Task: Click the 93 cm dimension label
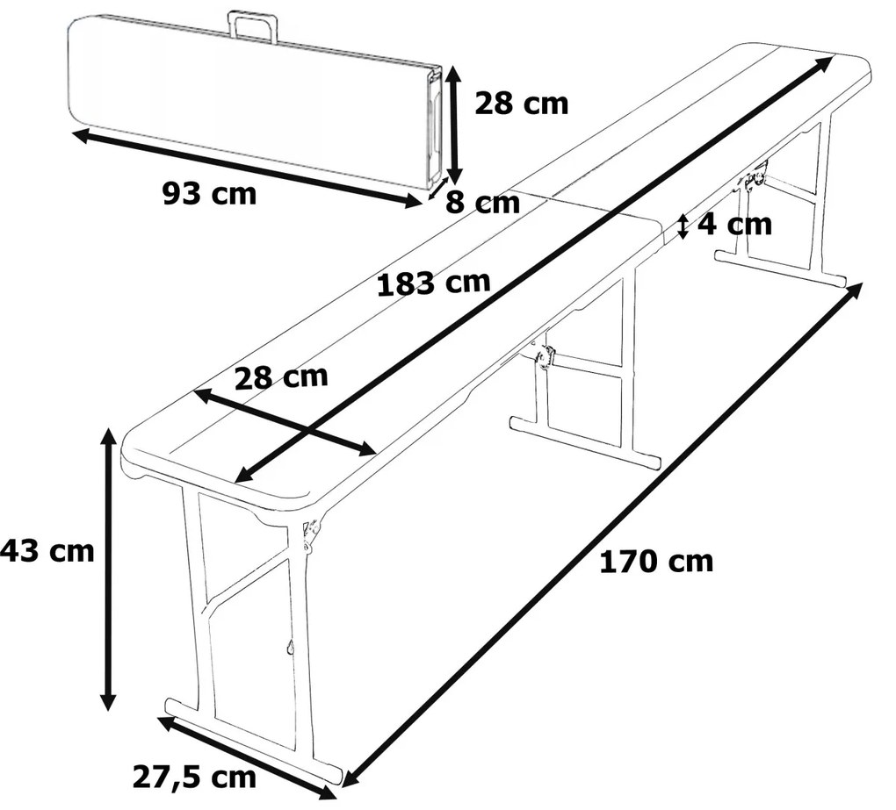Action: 210,194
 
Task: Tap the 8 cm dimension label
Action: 483,203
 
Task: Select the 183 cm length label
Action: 434,283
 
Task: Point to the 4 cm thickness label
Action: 735,225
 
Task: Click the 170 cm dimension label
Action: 656,562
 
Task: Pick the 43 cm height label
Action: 47,551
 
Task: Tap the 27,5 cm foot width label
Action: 194,777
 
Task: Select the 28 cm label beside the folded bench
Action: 522,104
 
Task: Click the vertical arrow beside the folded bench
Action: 454,125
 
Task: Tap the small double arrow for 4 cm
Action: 683,226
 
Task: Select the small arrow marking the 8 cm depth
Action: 437,189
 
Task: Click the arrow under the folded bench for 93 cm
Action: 247,168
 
